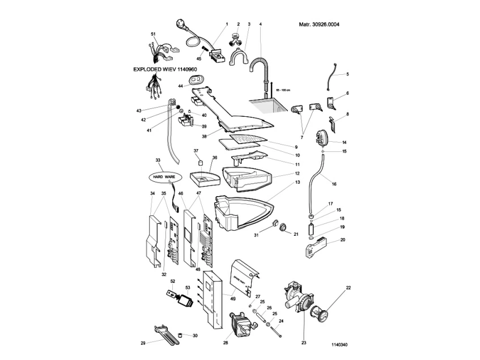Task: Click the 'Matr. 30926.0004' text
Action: tap(319, 25)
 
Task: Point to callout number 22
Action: tap(349, 288)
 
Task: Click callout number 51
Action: tap(152, 35)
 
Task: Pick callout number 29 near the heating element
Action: tap(143, 343)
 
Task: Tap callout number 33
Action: tap(158, 160)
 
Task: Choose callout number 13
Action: tap(298, 183)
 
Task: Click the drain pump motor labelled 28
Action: tap(239, 324)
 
